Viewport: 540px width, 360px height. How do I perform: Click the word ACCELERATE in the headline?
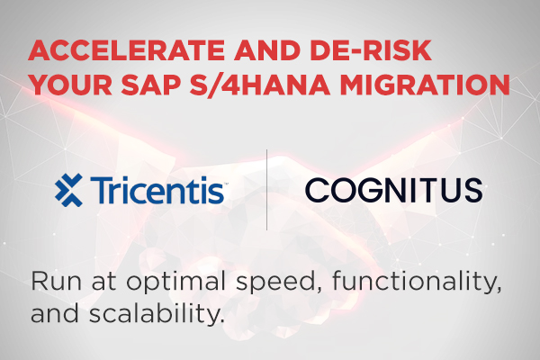[126, 50]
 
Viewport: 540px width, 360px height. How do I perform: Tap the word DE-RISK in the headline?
[371, 50]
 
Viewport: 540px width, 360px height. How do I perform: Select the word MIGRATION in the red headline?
[425, 85]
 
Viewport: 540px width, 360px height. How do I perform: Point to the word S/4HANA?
[260, 85]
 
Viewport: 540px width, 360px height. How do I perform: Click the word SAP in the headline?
[150, 85]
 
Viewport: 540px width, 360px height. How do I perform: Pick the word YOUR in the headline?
[71, 85]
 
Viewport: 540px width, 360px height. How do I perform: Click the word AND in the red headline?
[267, 50]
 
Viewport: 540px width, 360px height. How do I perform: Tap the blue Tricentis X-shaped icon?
[69, 190]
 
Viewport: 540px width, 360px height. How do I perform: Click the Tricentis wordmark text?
[157, 190]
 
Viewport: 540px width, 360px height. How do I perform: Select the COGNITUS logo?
[393, 190]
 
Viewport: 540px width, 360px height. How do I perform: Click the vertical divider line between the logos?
[267, 190]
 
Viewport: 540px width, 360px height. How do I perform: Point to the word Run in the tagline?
[57, 281]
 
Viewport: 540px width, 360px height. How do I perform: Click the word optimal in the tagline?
[176, 283]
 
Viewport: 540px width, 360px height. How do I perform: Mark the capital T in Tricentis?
[101, 190]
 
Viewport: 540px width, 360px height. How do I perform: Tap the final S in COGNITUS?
[472, 190]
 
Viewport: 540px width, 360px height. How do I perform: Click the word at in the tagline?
[103, 282]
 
